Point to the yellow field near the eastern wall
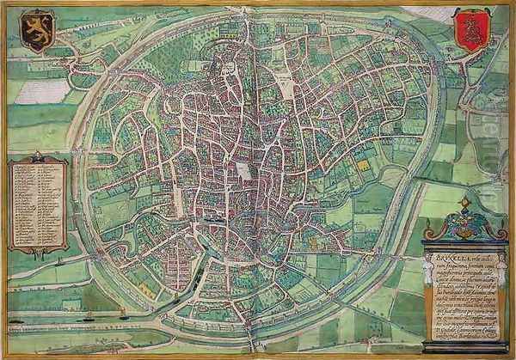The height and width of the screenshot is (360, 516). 364,164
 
